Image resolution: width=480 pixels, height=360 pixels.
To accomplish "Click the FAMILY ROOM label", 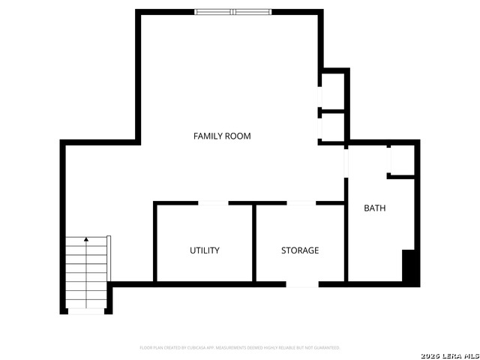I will pyautogui.click(x=222, y=136).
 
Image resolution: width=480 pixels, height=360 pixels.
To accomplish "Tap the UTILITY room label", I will pyautogui.click(x=204, y=250).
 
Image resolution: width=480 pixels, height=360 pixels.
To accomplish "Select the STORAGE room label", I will pyautogui.click(x=300, y=250).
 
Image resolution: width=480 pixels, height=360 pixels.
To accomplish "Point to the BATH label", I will pyautogui.click(x=375, y=208).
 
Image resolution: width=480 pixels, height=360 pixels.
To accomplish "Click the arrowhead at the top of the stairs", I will pyautogui.click(x=86, y=240).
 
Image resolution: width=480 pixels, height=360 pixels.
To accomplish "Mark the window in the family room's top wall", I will pyautogui.click(x=232, y=12).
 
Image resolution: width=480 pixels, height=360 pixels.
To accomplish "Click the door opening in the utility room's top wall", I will pyautogui.click(x=213, y=202).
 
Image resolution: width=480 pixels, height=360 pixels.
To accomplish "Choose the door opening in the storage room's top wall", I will pyautogui.click(x=301, y=202).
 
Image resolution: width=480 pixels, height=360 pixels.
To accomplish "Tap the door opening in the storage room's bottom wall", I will pyautogui.click(x=302, y=284).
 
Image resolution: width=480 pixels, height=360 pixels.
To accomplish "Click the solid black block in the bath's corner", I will pyautogui.click(x=409, y=265).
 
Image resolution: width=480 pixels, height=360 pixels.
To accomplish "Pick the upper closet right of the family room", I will pyautogui.click(x=333, y=91).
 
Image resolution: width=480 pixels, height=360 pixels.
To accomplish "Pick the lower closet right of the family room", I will pyautogui.click(x=333, y=126).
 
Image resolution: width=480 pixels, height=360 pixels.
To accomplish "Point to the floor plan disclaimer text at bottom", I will pyautogui.click(x=240, y=348).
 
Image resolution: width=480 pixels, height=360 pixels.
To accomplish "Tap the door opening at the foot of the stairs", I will pyautogui.click(x=86, y=310).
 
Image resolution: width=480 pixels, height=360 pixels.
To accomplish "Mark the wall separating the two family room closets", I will pyautogui.click(x=333, y=110).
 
